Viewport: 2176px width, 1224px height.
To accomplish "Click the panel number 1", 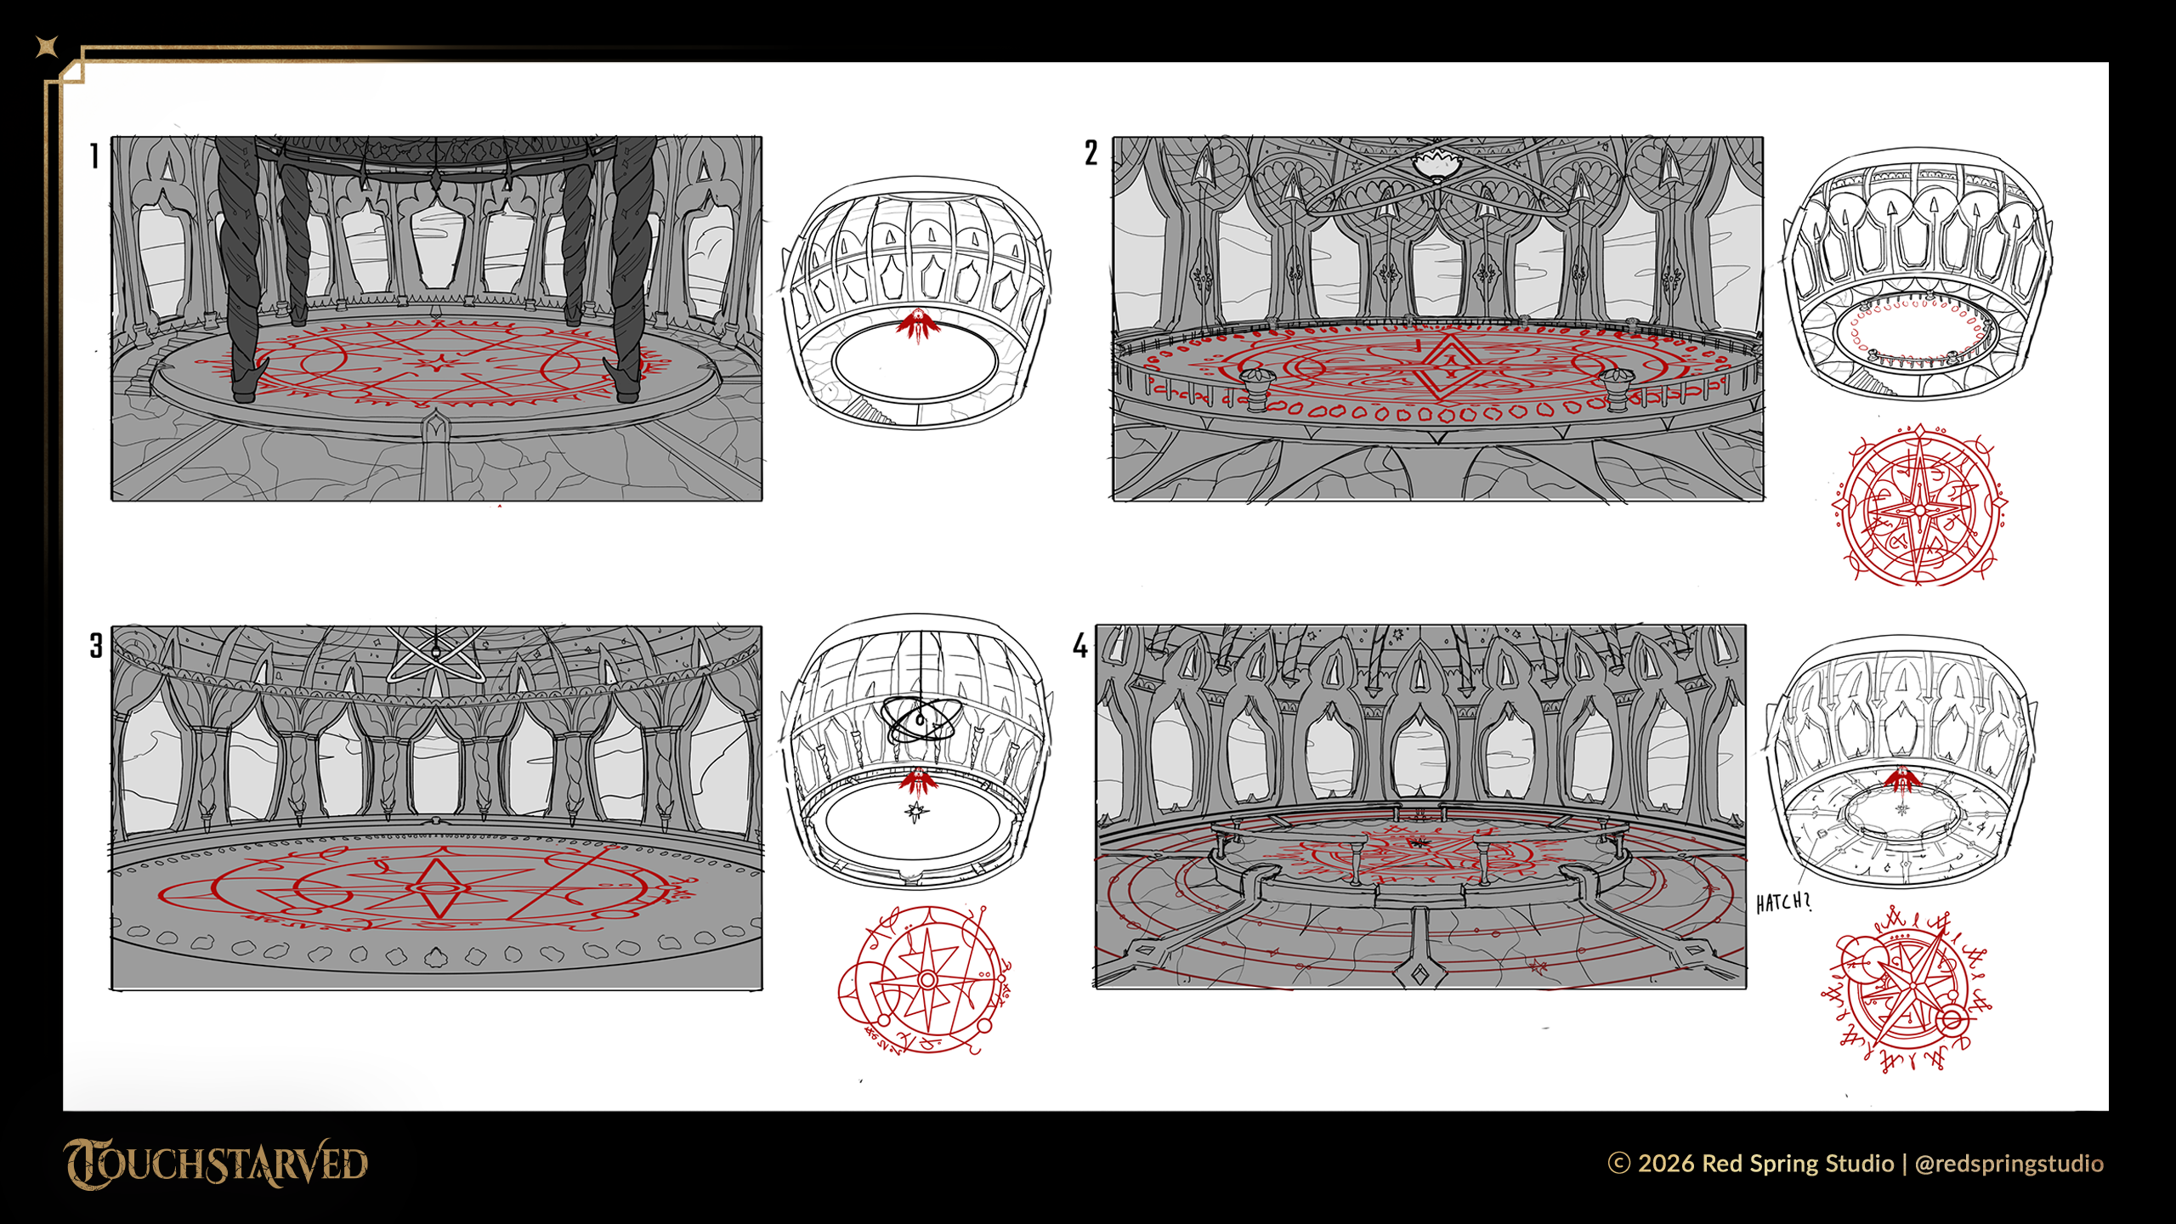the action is click(x=94, y=156).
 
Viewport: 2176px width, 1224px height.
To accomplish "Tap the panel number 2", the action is click(x=1091, y=153).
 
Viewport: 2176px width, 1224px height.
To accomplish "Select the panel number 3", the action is click(x=96, y=645).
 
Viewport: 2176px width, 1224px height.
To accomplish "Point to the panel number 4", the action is click(x=1080, y=645).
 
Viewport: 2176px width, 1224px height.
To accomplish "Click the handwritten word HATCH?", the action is click(x=1783, y=903).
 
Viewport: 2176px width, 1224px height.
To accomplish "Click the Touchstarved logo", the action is click(x=215, y=1164).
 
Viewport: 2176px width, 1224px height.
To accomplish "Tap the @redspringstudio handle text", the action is click(x=2009, y=1163).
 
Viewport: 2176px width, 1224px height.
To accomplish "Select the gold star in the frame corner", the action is click(x=48, y=47).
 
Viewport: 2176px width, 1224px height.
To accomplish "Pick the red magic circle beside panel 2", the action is click(x=1920, y=507).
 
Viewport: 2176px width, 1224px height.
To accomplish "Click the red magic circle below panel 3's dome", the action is click(x=925, y=979).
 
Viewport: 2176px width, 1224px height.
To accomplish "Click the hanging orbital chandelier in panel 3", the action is click(x=436, y=655).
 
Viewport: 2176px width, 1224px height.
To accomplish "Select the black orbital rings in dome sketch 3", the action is click(x=921, y=721).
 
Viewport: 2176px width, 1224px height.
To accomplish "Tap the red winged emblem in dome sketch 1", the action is click(x=918, y=324).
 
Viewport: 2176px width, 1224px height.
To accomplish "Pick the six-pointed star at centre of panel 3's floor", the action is click(x=438, y=887).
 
